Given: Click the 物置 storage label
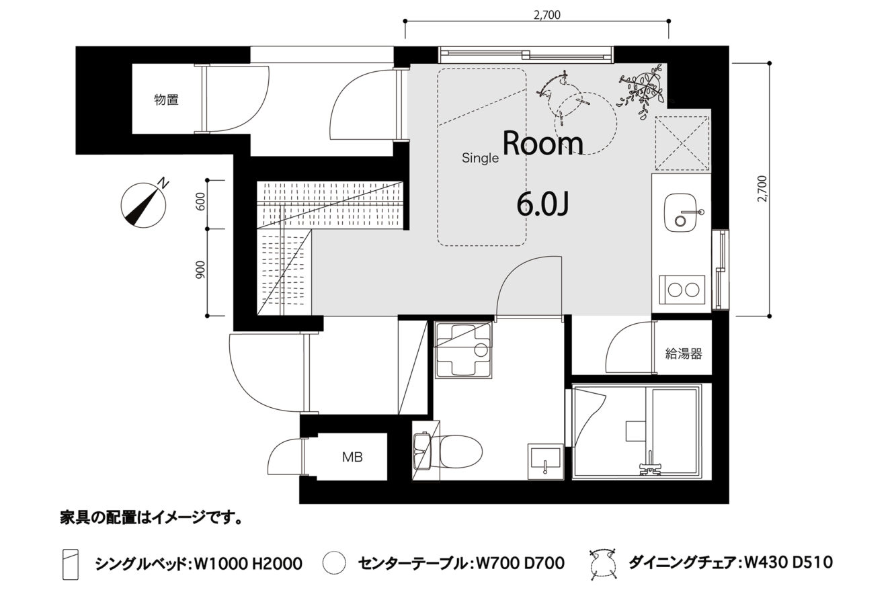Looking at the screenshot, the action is pyautogui.click(x=166, y=99).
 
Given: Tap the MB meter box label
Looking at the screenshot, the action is pyautogui.click(x=352, y=457).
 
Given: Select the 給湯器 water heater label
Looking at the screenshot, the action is pyautogui.click(x=683, y=353).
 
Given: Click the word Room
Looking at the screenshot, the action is pyautogui.click(x=543, y=143).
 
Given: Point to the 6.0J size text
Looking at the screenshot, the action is pyautogui.click(x=542, y=205).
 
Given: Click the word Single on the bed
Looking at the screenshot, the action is pyautogui.click(x=480, y=158).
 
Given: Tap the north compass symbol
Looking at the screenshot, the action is pyautogui.click(x=144, y=204).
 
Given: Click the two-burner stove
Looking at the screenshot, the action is pyautogui.click(x=682, y=290).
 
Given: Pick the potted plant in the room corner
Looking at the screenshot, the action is pyautogui.click(x=641, y=93).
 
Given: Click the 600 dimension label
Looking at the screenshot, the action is pyautogui.click(x=201, y=202).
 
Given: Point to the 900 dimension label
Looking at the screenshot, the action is pyautogui.click(x=201, y=269).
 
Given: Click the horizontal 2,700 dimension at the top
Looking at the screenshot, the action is pyautogui.click(x=547, y=15).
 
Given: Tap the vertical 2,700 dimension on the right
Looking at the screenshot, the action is pyautogui.click(x=762, y=189).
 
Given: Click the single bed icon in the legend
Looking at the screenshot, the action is pyautogui.click(x=70, y=564).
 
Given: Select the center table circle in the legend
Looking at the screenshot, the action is pyautogui.click(x=334, y=563).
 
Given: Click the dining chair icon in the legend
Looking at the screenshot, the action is pyautogui.click(x=603, y=563).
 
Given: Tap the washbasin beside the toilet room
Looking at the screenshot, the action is pyautogui.click(x=544, y=461).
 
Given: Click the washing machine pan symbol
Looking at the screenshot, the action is pyautogui.click(x=464, y=349).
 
